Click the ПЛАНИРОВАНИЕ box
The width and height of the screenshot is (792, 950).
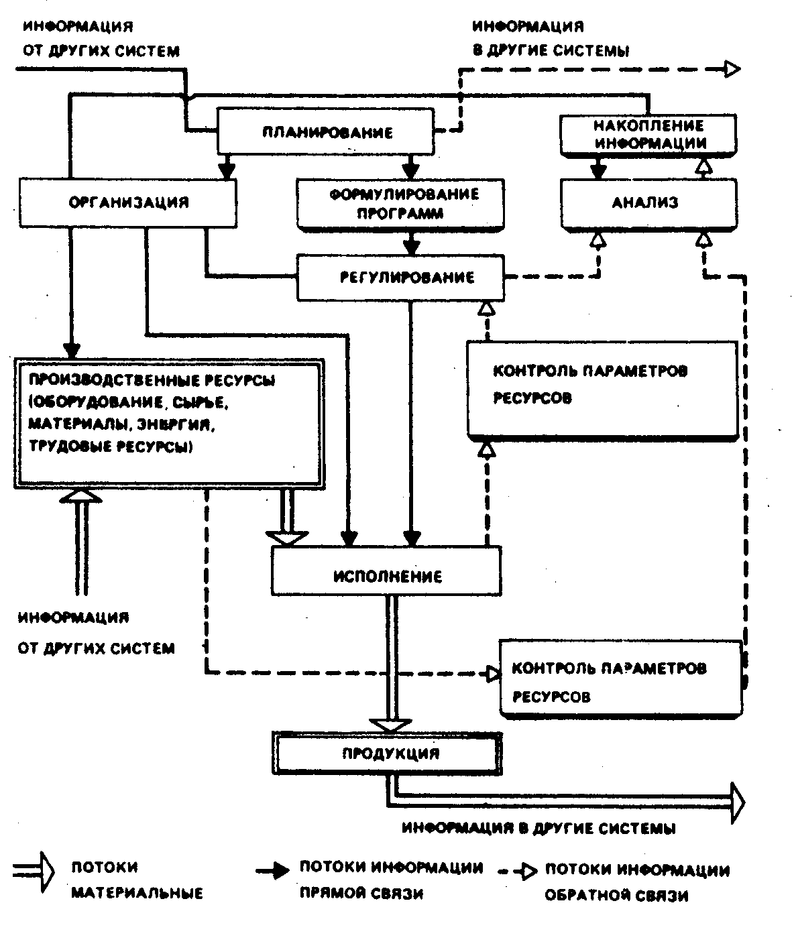pyautogui.click(x=326, y=132)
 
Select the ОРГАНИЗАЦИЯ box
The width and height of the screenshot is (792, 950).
pyautogui.click(x=128, y=202)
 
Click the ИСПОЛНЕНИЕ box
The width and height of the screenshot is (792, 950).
pyautogui.click(x=386, y=576)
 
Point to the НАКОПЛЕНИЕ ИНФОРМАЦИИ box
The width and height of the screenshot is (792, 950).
pyautogui.click(x=648, y=134)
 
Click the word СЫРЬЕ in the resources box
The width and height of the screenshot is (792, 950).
pyautogui.click(x=207, y=403)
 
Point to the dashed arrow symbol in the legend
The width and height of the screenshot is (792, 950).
pyautogui.click(x=519, y=871)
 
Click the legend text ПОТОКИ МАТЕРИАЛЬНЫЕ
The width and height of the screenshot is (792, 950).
pyautogui.click(x=135, y=880)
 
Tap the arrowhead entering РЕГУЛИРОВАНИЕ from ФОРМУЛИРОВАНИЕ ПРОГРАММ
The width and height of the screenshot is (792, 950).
pyautogui.click(x=412, y=245)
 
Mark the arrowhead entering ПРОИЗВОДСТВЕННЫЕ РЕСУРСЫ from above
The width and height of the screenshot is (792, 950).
pyautogui.click(x=70, y=349)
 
